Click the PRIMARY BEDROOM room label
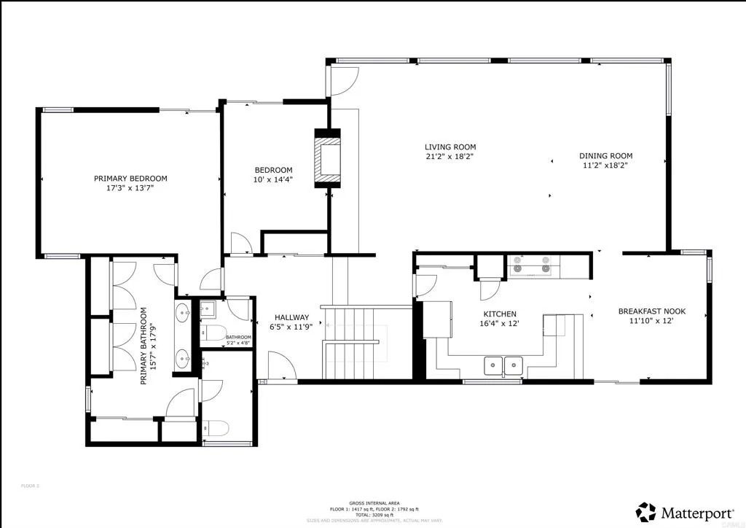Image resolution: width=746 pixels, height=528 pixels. point(130,179)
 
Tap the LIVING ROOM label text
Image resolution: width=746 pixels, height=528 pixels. point(450,147)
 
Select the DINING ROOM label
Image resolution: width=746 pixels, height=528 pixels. point(605,155)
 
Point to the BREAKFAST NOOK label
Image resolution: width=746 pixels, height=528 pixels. point(651,311)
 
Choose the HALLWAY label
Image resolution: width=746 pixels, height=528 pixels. point(291,318)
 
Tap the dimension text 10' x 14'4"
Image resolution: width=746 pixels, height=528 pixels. point(273,179)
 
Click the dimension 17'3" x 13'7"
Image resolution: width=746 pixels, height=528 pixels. point(130,187)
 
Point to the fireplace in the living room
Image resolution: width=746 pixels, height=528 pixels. point(326,158)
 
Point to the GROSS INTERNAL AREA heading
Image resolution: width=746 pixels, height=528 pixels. point(373,503)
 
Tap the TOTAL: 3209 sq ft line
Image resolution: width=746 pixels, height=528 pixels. point(373,514)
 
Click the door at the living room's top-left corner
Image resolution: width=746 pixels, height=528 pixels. point(342,80)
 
